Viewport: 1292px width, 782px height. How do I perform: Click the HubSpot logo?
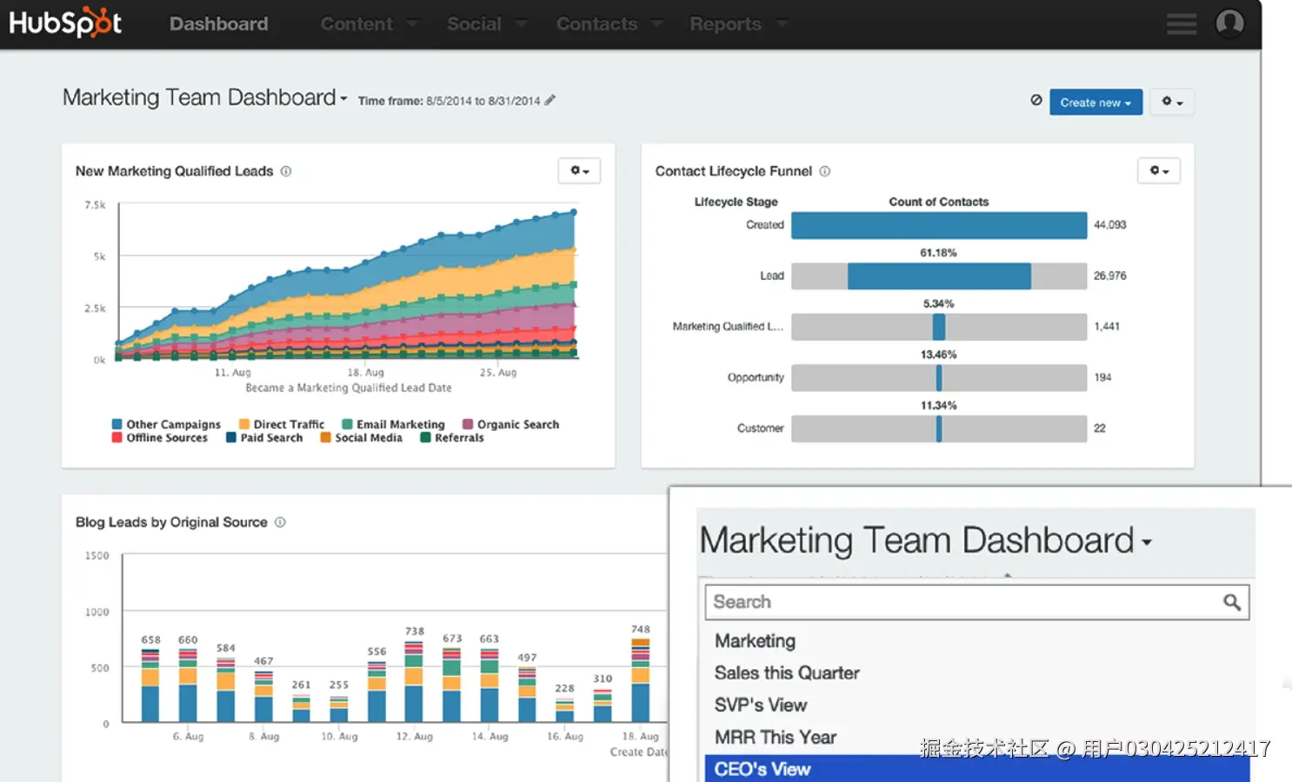click(65, 23)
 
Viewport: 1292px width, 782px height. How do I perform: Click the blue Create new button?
click(1095, 103)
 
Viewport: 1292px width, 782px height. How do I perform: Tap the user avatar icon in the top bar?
click(1229, 23)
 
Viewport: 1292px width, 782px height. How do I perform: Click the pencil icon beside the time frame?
click(549, 101)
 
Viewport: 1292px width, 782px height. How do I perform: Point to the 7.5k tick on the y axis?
click(95, 205)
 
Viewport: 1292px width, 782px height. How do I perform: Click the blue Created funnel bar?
click(938, 225)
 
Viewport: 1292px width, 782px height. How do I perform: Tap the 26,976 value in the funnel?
click(1109, 276)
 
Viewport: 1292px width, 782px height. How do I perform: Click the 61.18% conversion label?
click(938, 253)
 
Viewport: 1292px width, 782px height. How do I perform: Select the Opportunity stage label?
click(755, 378)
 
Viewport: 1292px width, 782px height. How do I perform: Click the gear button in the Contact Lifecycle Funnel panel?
click(1158, 171)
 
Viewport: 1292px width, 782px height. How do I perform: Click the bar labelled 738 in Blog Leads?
click(414, 682)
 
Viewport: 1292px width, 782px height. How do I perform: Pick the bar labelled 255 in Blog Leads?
click(339, 709)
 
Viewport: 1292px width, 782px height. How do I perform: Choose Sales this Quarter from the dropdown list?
click(786, 673)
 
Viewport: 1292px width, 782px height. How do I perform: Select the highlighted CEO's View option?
click(763, 769)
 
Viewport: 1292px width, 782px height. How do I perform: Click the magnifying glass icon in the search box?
click(1231, 602)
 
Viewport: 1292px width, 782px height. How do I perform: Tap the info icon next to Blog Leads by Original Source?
click(280, 522)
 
